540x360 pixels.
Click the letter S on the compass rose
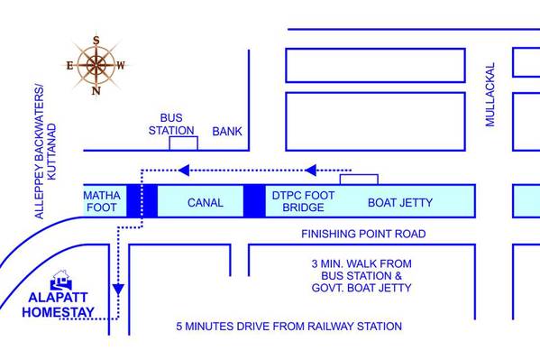pos(96,41)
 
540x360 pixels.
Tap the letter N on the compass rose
pos(96,91)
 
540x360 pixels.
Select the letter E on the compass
pos(70,65)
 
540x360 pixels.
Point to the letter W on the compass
pos(121,65)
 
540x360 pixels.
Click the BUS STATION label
pos(171,125)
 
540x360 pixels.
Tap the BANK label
pos(227,132)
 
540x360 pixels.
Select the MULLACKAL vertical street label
pos(490,95)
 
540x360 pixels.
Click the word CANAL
pos(206,202)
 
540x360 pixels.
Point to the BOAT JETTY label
pos(400,202)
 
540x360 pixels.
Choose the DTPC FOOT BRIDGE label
pos(303,201)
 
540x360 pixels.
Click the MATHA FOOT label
pos(102,201)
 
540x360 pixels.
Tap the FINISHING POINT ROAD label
pos(363,234)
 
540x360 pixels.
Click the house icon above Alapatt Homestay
pos(61,280)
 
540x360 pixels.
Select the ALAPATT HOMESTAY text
pos(59,305)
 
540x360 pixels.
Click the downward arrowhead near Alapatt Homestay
pos(118,290)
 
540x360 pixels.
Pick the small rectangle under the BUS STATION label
pos(184,143)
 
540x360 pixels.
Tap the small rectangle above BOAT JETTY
pos(359,180)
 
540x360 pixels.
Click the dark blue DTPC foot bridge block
pos(254,201)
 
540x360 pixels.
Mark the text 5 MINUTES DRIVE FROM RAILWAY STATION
pos(289,327)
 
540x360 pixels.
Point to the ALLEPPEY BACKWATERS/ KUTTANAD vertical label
pos(45,152)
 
